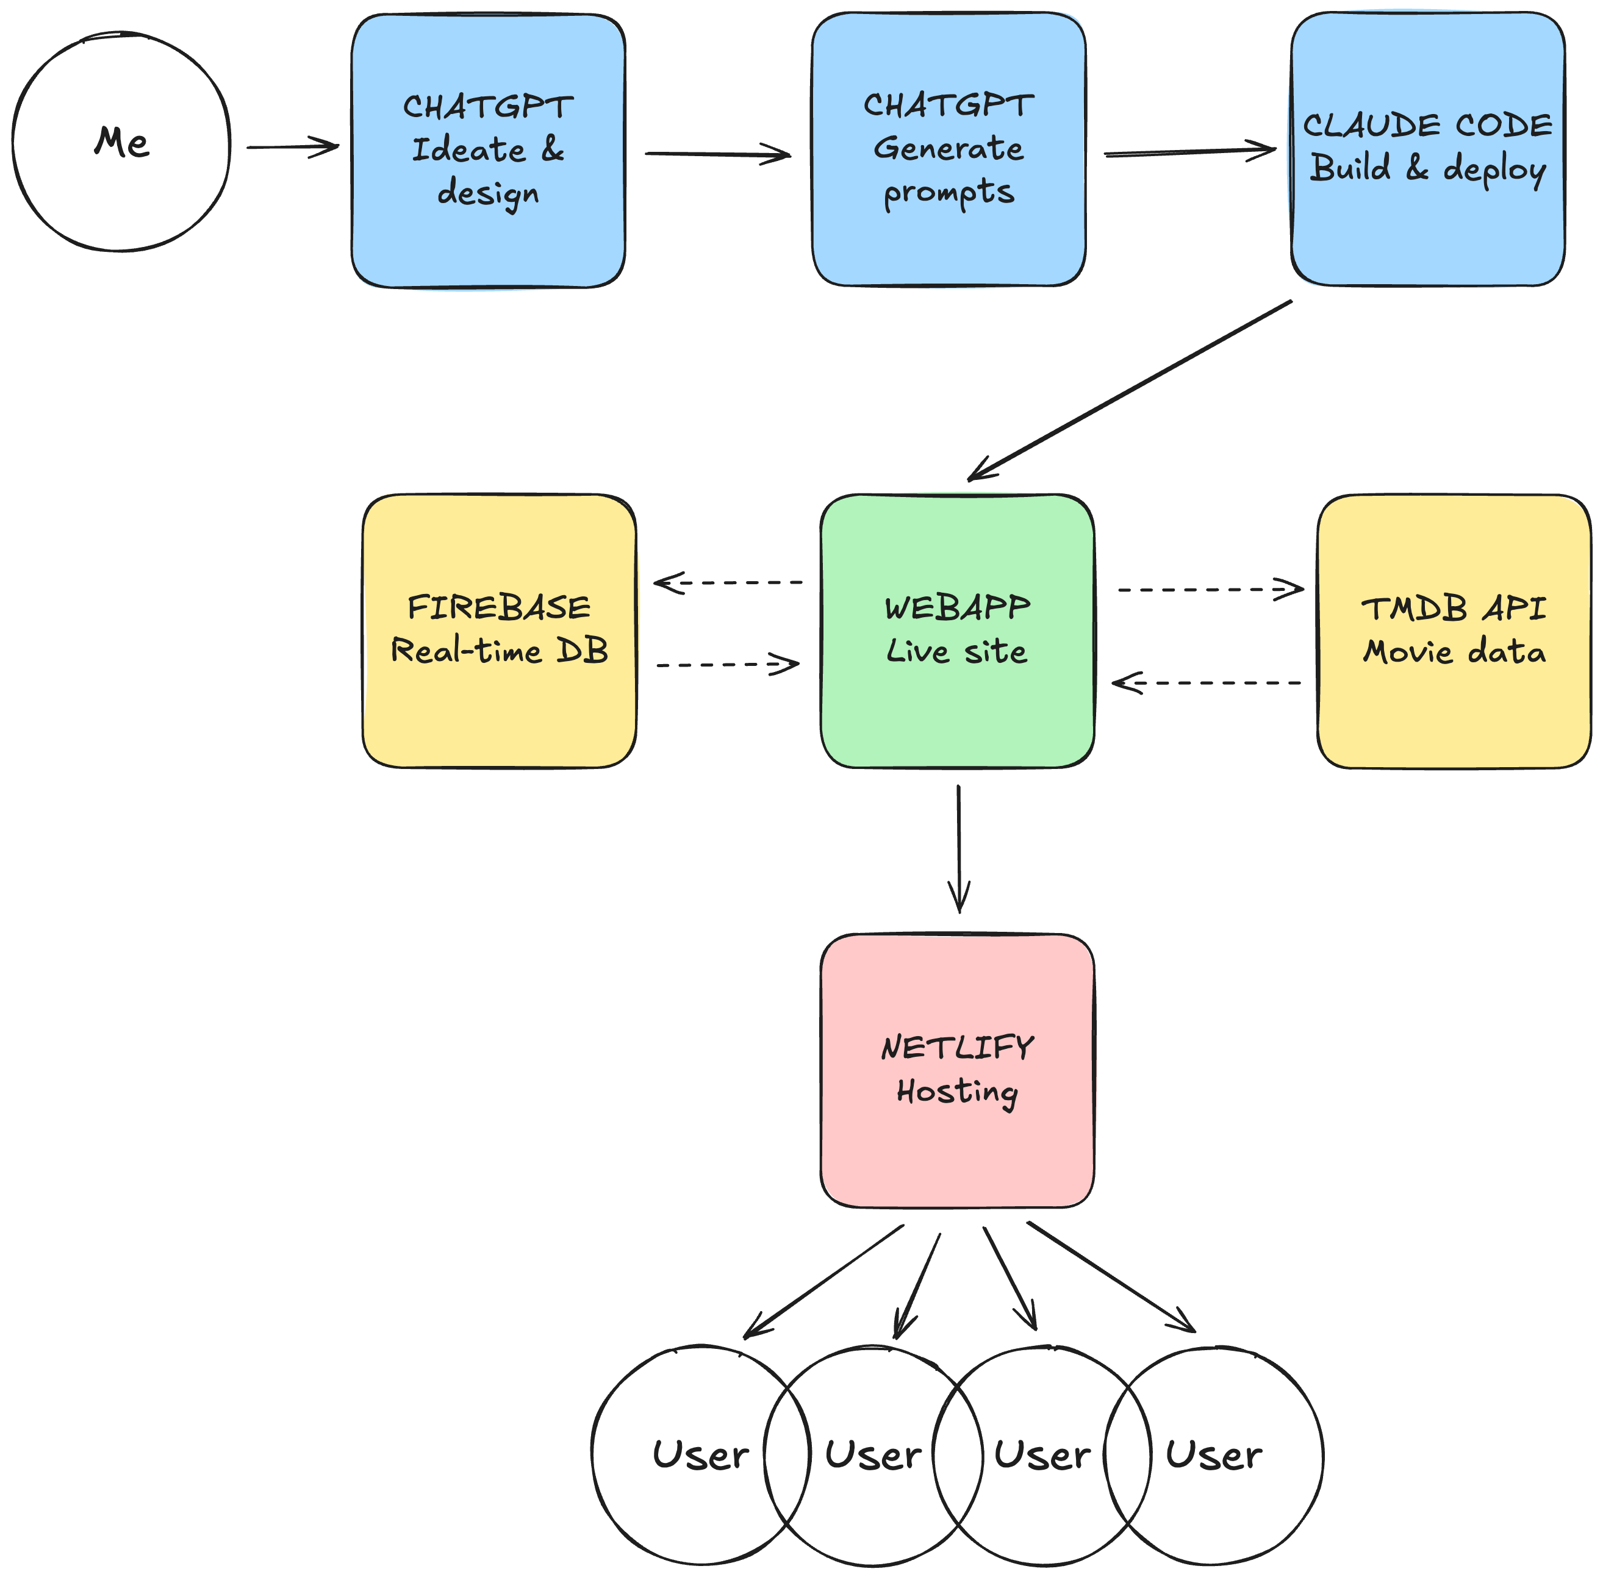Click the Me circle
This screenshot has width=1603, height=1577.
pos(121,141)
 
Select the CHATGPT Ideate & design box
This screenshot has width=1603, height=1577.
pos(488,151)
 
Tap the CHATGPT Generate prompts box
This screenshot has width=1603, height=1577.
pos(949,149)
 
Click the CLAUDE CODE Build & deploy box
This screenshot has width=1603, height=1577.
pos(1427,149)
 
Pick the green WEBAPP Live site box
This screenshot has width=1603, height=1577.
pos(957,631)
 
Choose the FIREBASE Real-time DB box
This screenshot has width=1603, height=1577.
pos(500,631)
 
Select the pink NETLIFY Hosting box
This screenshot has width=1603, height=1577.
pos(957,1070)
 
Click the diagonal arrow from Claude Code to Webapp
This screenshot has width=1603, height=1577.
pos(1131,390)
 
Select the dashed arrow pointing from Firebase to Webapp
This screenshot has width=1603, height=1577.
pos(727,664)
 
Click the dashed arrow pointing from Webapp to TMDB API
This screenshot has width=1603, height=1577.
pos(1210,590)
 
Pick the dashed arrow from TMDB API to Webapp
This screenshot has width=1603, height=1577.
pos(1207,684)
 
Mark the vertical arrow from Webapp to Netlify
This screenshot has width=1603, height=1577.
pos(958,849)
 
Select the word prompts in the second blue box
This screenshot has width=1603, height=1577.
pos(949,193)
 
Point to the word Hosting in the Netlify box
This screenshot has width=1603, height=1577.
pos(957,1092)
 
